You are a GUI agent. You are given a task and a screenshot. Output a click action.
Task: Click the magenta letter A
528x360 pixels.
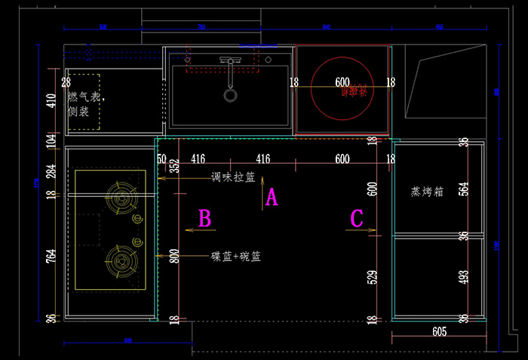point(272,198)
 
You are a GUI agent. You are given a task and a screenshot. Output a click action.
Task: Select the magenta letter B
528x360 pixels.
point(204,219)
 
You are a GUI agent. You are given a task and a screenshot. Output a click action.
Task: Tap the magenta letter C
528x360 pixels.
point(358,219)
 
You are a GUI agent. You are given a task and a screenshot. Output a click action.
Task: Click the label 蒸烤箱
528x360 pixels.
point(427,192)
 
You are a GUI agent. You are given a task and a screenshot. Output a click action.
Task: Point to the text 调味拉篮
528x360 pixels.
point(233,178)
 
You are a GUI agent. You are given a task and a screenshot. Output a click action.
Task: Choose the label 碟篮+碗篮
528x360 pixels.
point(236,257)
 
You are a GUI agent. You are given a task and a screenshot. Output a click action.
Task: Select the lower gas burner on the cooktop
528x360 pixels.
point(120,260)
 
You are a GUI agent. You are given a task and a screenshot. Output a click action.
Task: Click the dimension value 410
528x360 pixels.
point(51,102)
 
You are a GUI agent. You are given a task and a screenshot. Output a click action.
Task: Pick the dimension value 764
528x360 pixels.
point(51,256)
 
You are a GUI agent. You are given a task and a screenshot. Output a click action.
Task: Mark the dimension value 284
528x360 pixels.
point(51,172)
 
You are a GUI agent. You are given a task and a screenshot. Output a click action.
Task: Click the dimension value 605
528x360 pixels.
point(441,331)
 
